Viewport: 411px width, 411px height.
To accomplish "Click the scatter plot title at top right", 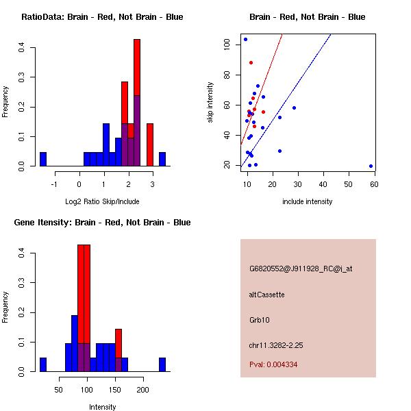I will pyautogui.click(x=307, y=17).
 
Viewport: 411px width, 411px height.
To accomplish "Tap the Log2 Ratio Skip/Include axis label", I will pyautogui.click(x=102, y=201).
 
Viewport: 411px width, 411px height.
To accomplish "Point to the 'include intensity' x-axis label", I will pyautogui.click(x=307, y=201).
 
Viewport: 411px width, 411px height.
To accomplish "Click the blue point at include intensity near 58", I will pyautogui.click(x=371, y=166).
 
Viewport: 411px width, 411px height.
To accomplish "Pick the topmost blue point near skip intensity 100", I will pyautogui.click(x=245, y=39).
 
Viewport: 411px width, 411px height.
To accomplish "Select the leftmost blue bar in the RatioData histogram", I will pyautogui.click(x=43, y=159).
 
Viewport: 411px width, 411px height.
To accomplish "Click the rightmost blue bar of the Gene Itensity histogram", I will pyautogui.click(x=162, y=364).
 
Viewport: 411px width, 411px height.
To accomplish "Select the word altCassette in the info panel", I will pyautogui.click(x=266, y=295).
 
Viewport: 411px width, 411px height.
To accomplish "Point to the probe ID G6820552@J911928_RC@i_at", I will pyautogui.click(x=301, y=269).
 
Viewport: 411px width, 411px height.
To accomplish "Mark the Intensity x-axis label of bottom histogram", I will pyautogui.click(x=102, y=407).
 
